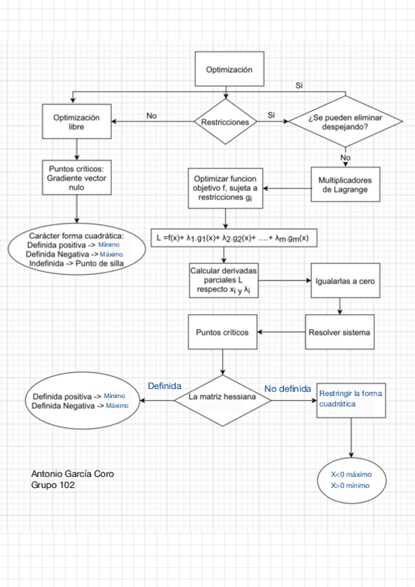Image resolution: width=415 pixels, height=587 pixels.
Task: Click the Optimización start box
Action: (x=229, y=69)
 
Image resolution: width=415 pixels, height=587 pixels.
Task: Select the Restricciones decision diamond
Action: (x=224, y=122)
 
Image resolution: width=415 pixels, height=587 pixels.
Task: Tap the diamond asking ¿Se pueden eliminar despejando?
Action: (x=345, y=122)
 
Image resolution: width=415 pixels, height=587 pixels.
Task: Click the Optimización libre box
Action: (x=76, y=122)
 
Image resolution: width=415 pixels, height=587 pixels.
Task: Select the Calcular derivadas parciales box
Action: (x=224, y=280)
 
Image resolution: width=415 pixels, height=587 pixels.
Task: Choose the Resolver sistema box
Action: (x=339, y=332)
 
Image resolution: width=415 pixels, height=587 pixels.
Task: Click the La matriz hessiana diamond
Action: (x=222, y=397)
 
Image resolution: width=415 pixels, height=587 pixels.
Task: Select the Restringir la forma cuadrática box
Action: (x=351, y=398)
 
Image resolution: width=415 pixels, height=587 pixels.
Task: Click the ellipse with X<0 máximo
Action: (x=351, y=480)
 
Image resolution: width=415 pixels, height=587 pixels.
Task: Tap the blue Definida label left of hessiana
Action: (x=164, y=386)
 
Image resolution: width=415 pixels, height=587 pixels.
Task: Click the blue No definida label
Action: (x=288, y=389)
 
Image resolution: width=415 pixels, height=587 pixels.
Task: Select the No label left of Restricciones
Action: (x=152, y=116)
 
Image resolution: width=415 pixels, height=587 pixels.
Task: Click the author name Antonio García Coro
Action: (x=73, y=473)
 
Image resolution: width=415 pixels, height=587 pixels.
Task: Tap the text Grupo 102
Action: (x=53, y=486)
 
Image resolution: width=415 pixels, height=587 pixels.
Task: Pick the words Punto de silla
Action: (x=103, y=263)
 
